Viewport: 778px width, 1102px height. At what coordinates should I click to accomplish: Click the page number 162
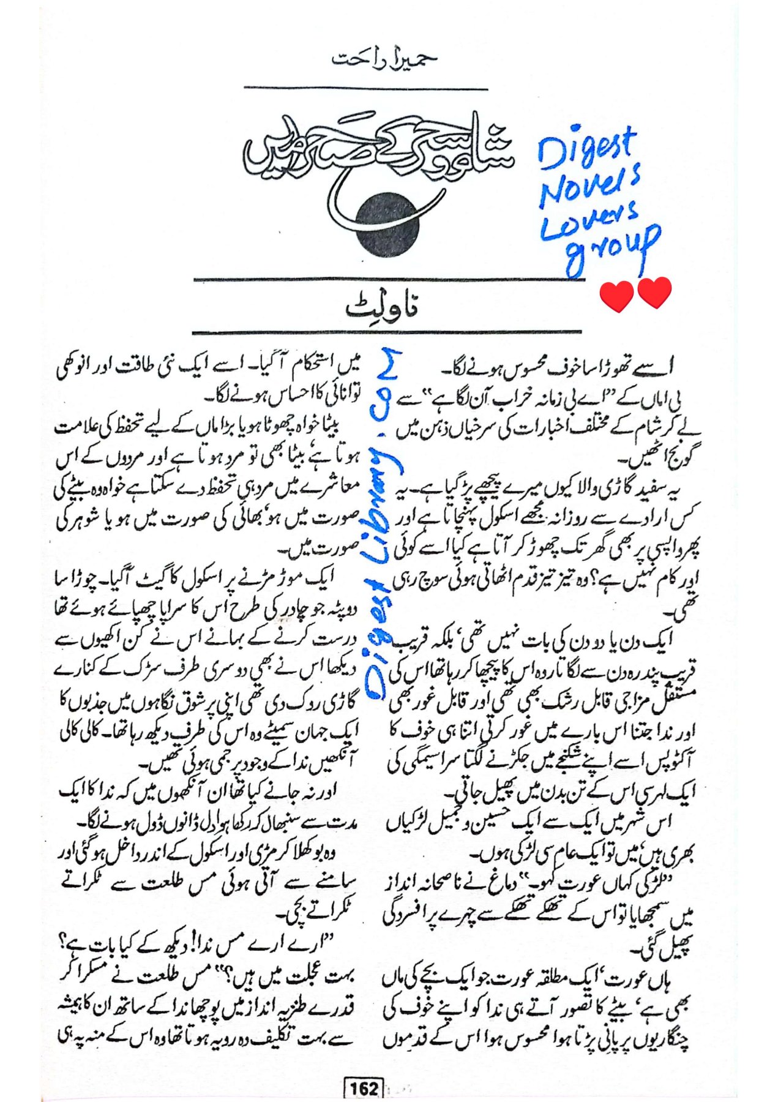tap(364, 1089)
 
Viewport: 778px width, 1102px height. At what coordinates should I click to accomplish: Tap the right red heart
tap(654, 293)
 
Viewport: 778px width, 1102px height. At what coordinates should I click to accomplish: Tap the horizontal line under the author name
tap(365, 88)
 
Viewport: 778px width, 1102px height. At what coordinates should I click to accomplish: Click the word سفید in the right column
tap(657, 489)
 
